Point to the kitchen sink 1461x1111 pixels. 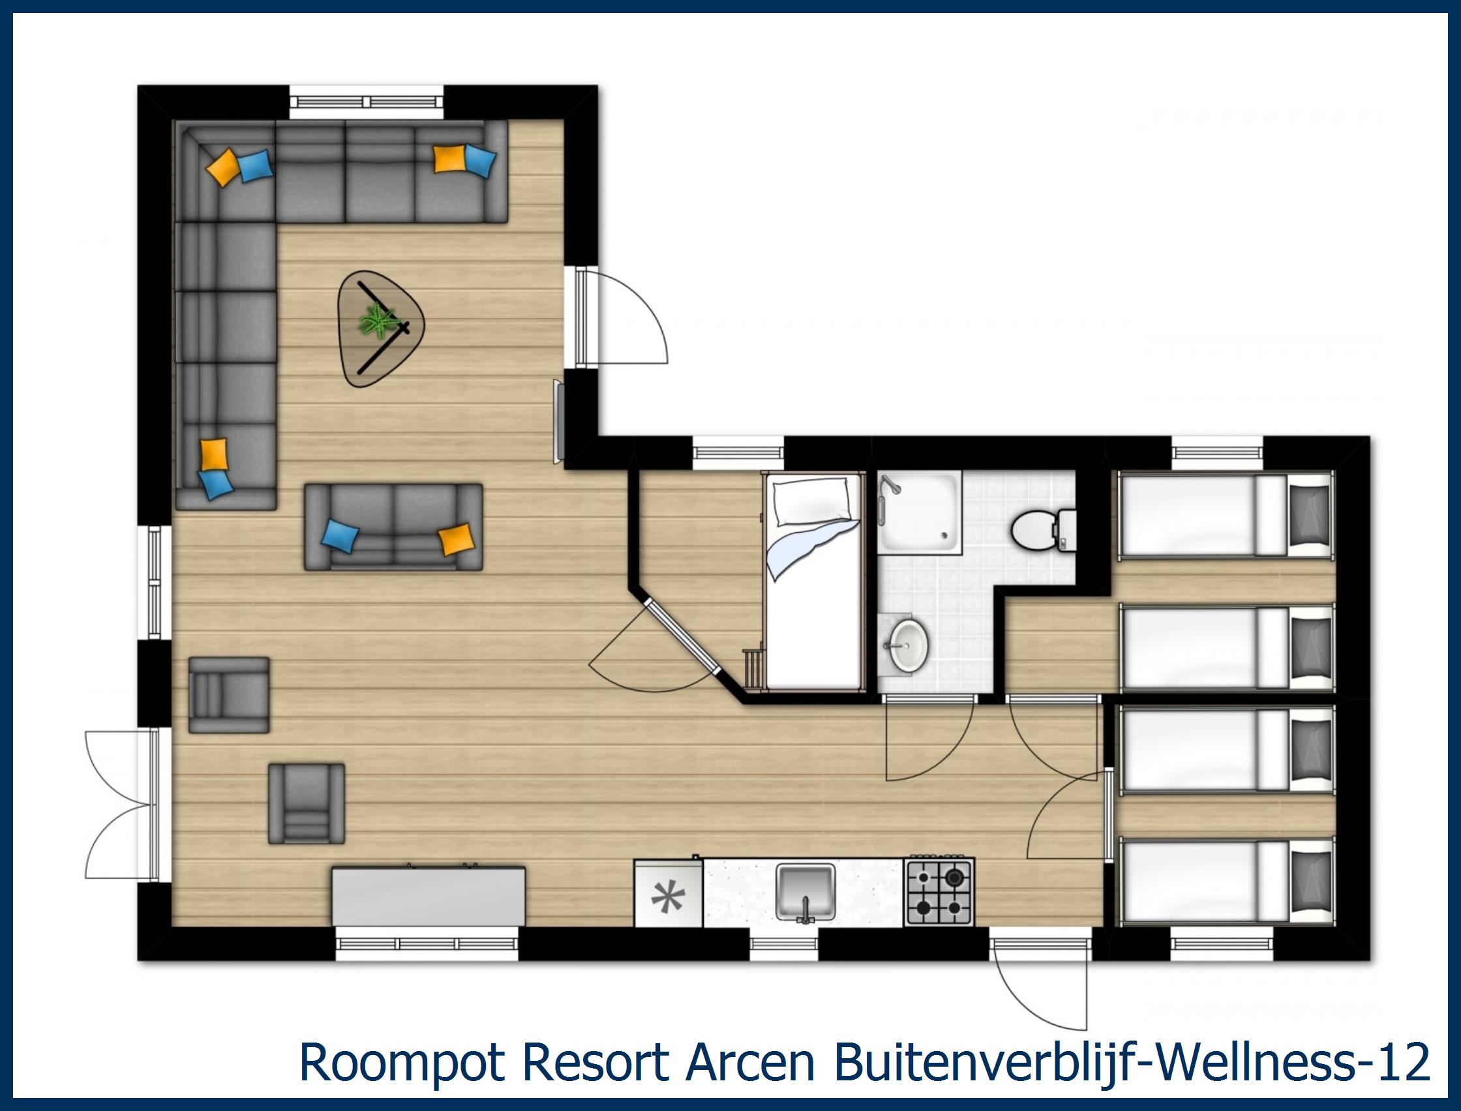(x=805, y=892)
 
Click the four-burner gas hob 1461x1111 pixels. (x=939, y=891)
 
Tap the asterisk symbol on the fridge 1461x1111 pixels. (x=667, y=896)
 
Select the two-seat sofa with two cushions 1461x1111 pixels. (x=393, y=526)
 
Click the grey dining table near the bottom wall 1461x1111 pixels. (x=429, y=896)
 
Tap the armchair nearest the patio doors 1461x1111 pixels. (x=306, y=803)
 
